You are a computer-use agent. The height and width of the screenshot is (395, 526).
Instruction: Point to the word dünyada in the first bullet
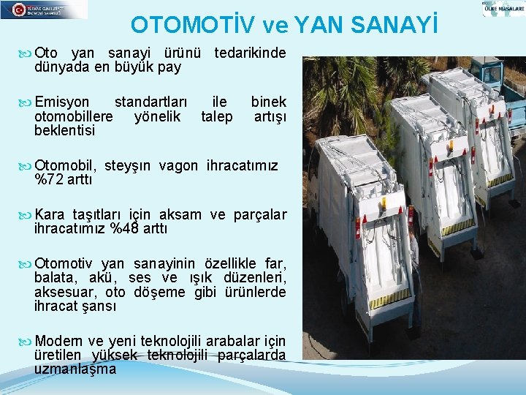(58, 67)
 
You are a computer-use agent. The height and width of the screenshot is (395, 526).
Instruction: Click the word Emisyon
(62, 102)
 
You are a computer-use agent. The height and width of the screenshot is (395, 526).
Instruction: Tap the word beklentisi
(64, 130)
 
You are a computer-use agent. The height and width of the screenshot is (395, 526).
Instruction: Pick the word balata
(53, 277)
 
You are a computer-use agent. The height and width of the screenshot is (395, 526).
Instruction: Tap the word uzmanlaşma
(75, 369)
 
